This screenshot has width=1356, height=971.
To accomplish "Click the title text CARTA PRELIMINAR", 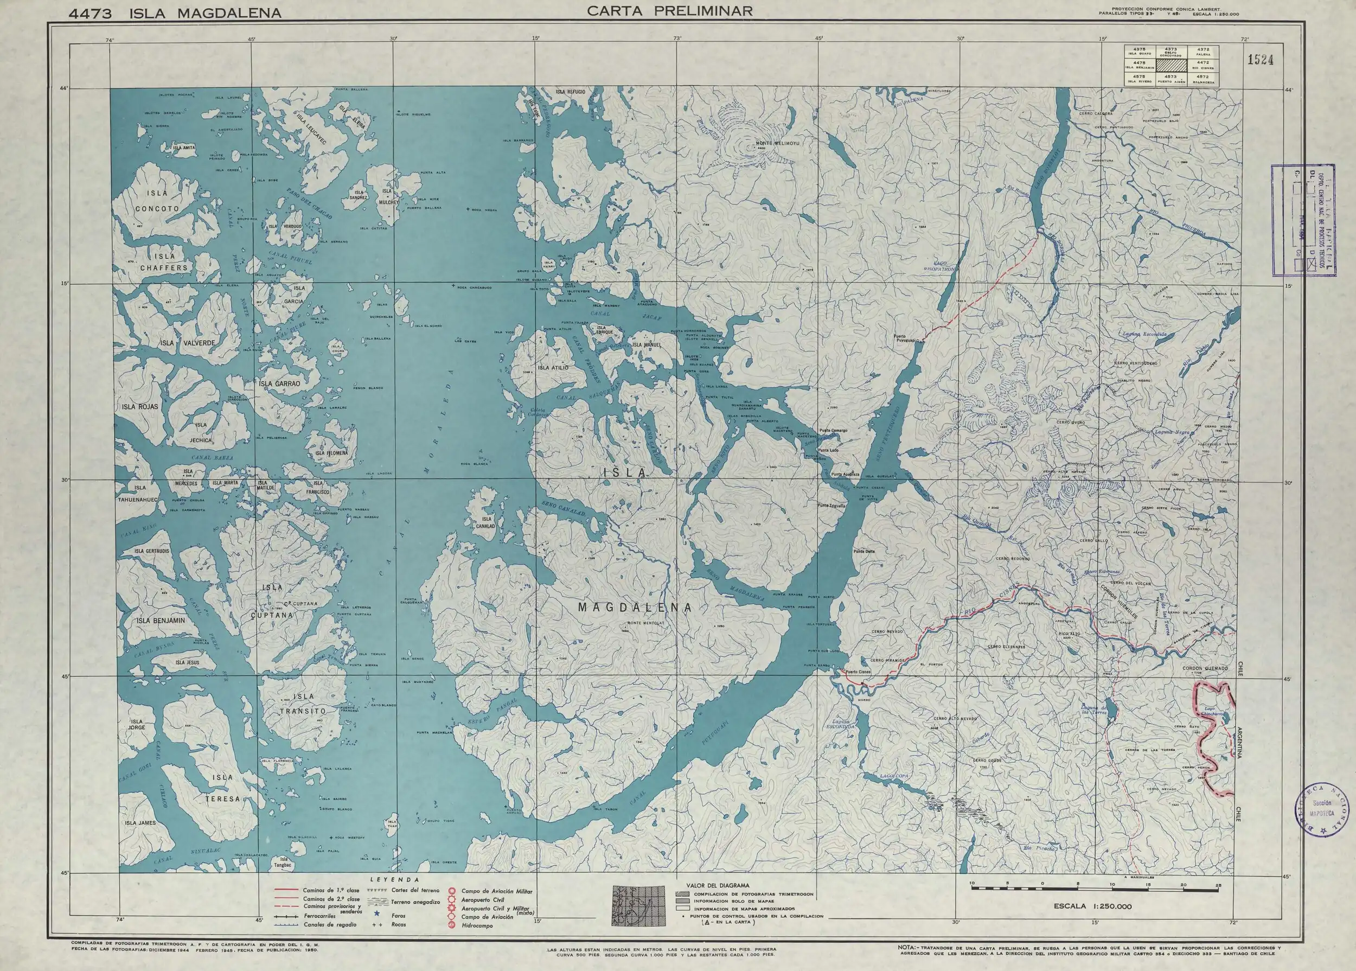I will point(670,11).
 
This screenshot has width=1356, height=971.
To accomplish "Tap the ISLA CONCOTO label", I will point(157,201).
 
